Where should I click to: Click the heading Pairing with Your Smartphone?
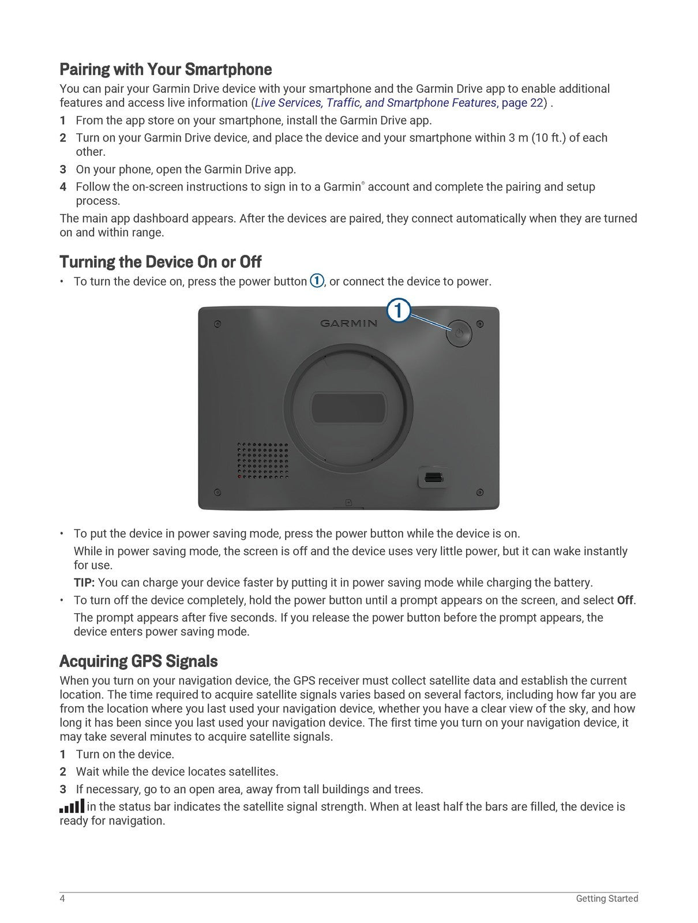[x=166, y=70]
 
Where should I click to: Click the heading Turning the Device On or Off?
[x=160, y=262]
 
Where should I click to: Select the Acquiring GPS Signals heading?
[x=138, y=661]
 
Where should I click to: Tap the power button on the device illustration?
[x=459, y=333]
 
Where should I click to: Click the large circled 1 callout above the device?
[x=398, y=311]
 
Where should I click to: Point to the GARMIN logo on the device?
[x=348, y=323]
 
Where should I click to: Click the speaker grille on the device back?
[x=263, y=460]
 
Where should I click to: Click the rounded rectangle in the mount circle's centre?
[x=348, y=407]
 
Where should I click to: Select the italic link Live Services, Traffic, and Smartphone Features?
[x=375, y=103]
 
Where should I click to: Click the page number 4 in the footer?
[x=62, y=898]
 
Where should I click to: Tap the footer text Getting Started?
[x=607, y=898]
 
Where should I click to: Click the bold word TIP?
[x=84, y=583]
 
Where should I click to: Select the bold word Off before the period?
[x=625, y=600]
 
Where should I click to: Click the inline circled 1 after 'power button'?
[x=317, y=281]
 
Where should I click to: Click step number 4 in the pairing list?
[x=63, y=187]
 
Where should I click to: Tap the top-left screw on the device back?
[x=217, y=324]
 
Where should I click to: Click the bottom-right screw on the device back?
[x=480, y=492]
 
